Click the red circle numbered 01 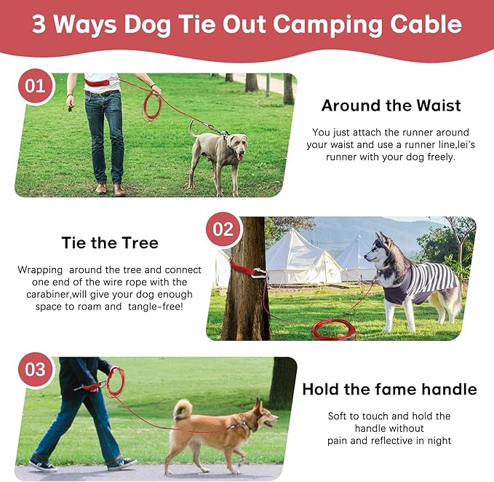coord(35,86)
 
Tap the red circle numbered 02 coord(223,229)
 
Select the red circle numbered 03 coord(35,369)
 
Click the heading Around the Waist coord(391,106)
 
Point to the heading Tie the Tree coord(110,242)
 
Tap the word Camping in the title coord(327,24)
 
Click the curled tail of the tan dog coord(183,409)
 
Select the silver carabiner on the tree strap coord(259,273)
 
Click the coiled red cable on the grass coord(334,329)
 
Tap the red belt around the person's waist coord(97,83)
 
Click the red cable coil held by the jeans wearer coord(153,106)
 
